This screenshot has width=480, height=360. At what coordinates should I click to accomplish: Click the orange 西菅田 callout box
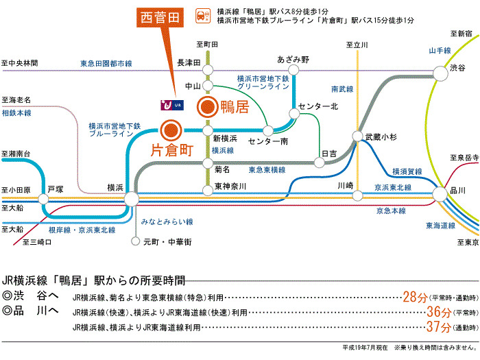(160, 17)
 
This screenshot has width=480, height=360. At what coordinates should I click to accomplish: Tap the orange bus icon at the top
(203, 16)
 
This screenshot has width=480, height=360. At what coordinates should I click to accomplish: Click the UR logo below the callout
(172, 105)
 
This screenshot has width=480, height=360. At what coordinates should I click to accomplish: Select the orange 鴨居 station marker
(207, 107)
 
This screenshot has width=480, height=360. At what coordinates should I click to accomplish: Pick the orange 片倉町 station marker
(171, 131)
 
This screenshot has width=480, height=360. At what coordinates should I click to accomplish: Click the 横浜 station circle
(132, 199)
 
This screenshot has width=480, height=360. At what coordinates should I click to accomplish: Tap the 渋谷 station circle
(440, 73)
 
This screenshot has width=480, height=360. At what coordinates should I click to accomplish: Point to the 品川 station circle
(440, 194)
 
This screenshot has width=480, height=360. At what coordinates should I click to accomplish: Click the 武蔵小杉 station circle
(357, 136)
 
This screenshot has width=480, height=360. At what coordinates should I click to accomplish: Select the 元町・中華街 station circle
(135, 241)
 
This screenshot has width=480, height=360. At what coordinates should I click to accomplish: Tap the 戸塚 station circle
(43, 199)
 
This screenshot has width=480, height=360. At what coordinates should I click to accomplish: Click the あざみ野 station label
(293, 60)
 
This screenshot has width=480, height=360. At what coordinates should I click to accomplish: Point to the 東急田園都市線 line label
(106, 63)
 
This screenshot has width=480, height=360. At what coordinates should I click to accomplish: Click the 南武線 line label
(342, 89)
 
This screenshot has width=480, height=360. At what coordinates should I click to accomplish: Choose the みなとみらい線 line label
(167, 221)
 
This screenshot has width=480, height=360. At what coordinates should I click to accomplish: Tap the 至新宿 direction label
(461, 34)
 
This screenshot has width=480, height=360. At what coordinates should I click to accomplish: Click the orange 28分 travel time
(415, 297)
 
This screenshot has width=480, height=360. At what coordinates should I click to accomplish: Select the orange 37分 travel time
(439, 326)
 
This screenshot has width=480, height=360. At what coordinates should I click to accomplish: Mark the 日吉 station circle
(320, 163)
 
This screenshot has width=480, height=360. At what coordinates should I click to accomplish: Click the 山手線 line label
(440, 51)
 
